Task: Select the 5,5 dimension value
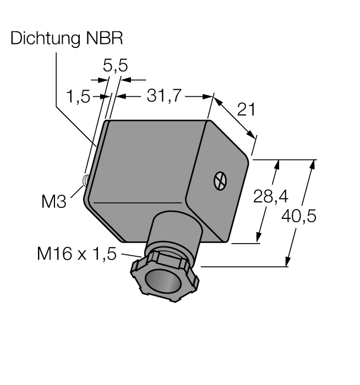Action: tap(116, 66)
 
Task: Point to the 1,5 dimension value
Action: tap(78, 97)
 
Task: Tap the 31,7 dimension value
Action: tap(163, 96)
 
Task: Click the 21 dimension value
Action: tap(246, 110)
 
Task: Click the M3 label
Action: tap(53, 202)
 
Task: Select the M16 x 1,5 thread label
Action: tap(77, 254)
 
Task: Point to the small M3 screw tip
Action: tap(85, 180)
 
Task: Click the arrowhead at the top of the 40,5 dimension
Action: tap(314, 163)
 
